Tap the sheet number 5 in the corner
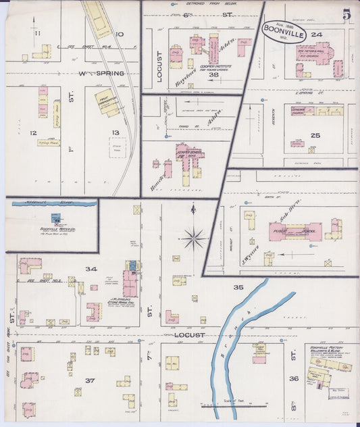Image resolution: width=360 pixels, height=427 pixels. (x=346, y=14)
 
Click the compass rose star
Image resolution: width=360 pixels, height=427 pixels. (x=194, y=237)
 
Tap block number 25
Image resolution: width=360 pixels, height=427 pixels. (x=315, y=135)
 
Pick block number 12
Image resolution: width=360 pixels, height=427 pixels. (x=32, y=132)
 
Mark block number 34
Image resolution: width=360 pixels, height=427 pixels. (x=91, y=269)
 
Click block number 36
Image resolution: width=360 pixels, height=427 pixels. (x=294, y=378)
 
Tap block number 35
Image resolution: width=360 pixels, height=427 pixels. (x=238, y=287)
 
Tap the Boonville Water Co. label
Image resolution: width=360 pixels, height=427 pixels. (x=54, y=228)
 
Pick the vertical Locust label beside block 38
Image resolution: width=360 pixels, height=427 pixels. (x=159, y=66)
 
